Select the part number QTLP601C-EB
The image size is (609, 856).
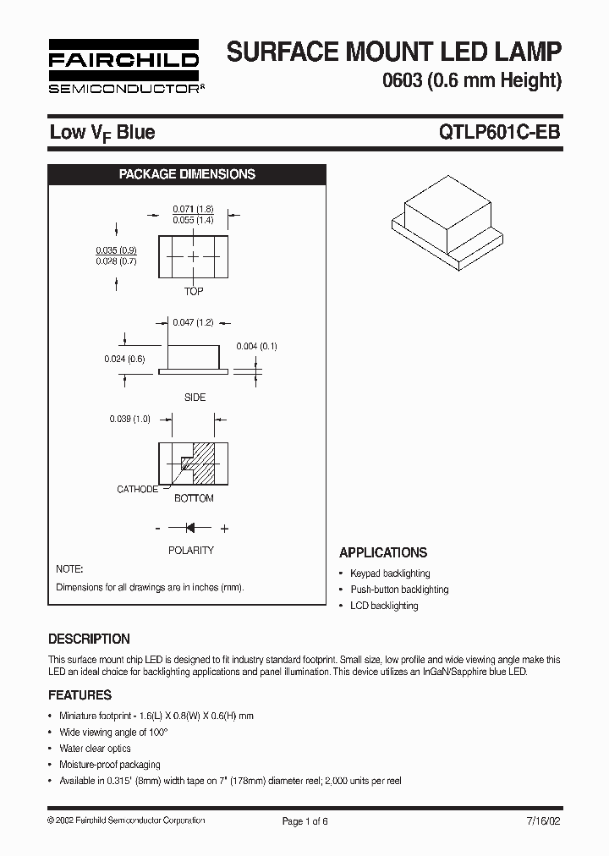pyautogui.click(x=498, y=132)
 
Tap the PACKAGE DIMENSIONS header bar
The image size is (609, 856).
pyautogui.click(x=187, y=174)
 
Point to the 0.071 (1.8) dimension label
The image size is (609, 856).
pyautogui.click(x=193, y=208)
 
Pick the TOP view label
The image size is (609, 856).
pyautogui.click(x=194, y=291)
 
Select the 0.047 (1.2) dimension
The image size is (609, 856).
pyautogui.click(x=193, y=322)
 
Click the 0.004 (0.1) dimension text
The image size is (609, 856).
pyautogui.click(x=257, y=346)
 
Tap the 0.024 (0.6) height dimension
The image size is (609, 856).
pyautogui.click(x=125, y=358)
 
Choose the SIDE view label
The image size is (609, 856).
pyautogui.click(x=195, y=397)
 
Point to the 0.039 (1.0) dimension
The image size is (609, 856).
pyautogui.click(x=129, y=419)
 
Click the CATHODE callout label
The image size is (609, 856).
pyautogui.click(x=137, y=489)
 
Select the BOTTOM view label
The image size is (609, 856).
pyautogui.click(x=194, y=498)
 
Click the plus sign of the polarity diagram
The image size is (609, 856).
pyautogui.click(x=224, y=529)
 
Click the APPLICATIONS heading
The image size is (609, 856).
pyautogui.click(x=383, y=552)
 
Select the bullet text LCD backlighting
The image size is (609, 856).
pyautogui.click(x=384, y=606)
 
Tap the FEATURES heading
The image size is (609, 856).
pyautogui.click(x=80, y=694)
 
